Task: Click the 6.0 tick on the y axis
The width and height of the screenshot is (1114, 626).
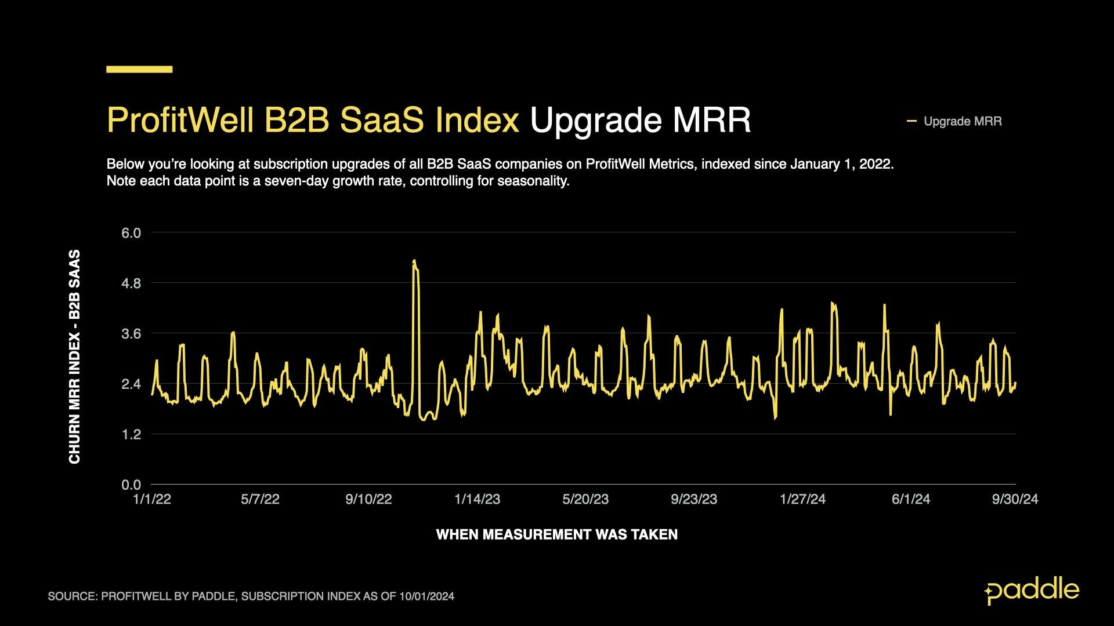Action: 131,233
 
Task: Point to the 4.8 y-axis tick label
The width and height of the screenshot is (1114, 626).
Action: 131,283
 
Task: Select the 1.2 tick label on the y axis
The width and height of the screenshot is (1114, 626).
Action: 131,434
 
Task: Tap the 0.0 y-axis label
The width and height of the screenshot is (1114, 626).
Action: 131,485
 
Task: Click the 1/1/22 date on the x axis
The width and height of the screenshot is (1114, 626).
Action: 152,499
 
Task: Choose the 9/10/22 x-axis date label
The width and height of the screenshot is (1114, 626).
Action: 368,499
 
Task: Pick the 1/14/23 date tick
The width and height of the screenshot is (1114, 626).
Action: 477,499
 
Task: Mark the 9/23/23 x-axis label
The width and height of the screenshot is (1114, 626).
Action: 694,499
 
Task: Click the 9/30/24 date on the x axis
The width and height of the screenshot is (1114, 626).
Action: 1015,499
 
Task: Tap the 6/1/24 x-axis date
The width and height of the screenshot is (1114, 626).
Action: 910,499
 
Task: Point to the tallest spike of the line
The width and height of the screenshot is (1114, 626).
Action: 414,261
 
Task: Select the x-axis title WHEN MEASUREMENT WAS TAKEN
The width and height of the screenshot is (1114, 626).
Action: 556,534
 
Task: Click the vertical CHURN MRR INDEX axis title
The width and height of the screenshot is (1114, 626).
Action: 75,356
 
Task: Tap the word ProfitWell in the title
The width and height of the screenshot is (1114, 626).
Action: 180,120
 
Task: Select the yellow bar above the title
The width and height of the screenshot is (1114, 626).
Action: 139,69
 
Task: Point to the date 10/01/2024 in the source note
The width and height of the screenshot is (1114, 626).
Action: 426,596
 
